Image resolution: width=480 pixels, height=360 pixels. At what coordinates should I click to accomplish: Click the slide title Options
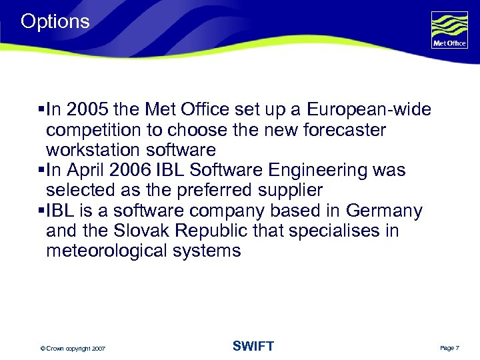[55, 21]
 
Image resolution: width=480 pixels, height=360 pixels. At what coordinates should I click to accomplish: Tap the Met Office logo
[449, 31]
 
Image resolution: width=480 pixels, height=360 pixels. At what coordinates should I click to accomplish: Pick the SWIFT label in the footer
[253, 346]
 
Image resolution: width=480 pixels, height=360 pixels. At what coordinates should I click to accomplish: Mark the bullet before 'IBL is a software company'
[41, 211]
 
